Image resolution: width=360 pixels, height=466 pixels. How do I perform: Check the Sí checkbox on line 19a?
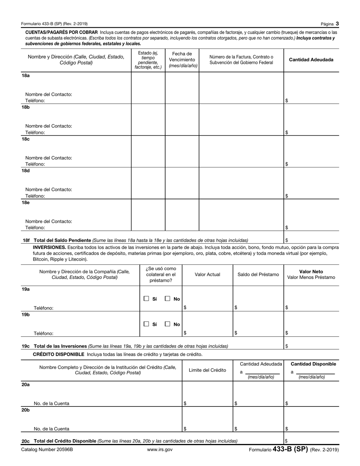point(146,299)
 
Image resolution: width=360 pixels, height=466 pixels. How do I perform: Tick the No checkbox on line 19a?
point(167,299)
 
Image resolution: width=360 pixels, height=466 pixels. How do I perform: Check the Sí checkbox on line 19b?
point(146,324)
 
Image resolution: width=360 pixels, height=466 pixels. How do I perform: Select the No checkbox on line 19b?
point(167,324)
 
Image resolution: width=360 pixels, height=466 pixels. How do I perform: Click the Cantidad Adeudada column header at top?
point(311,60)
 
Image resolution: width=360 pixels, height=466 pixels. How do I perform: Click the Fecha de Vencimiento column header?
point(182,60)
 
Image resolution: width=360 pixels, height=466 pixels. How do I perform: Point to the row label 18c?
point(25,139)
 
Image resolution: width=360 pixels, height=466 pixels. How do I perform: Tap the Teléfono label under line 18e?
point(35,228)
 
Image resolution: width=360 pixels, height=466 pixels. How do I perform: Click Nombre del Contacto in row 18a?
point(49,94)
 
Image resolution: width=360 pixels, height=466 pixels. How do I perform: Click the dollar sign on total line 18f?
point(286,240)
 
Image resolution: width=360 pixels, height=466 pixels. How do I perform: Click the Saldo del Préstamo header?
point(258,275)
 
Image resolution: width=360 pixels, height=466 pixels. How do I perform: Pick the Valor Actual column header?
point(207,275)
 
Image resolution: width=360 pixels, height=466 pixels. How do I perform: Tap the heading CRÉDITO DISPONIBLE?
point(59,354)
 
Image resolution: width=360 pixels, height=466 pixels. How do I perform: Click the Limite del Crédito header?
point(207,370)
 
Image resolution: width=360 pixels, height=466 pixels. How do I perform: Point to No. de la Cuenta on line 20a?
point(52,403)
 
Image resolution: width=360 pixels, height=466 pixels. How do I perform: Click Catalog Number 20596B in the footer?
point(47,450)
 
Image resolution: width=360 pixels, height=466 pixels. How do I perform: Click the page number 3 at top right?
point(337,24)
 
